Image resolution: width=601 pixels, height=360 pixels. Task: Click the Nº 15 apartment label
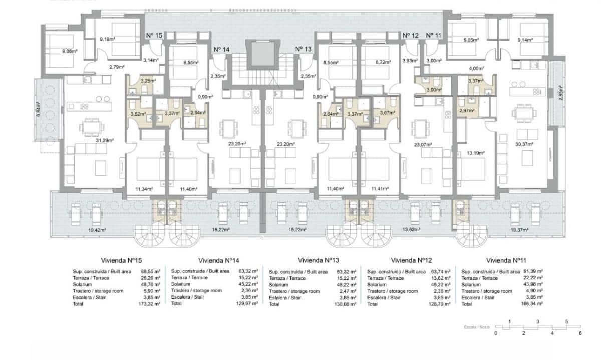(154, 36)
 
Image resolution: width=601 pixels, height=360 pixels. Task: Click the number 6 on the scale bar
(580, 333)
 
